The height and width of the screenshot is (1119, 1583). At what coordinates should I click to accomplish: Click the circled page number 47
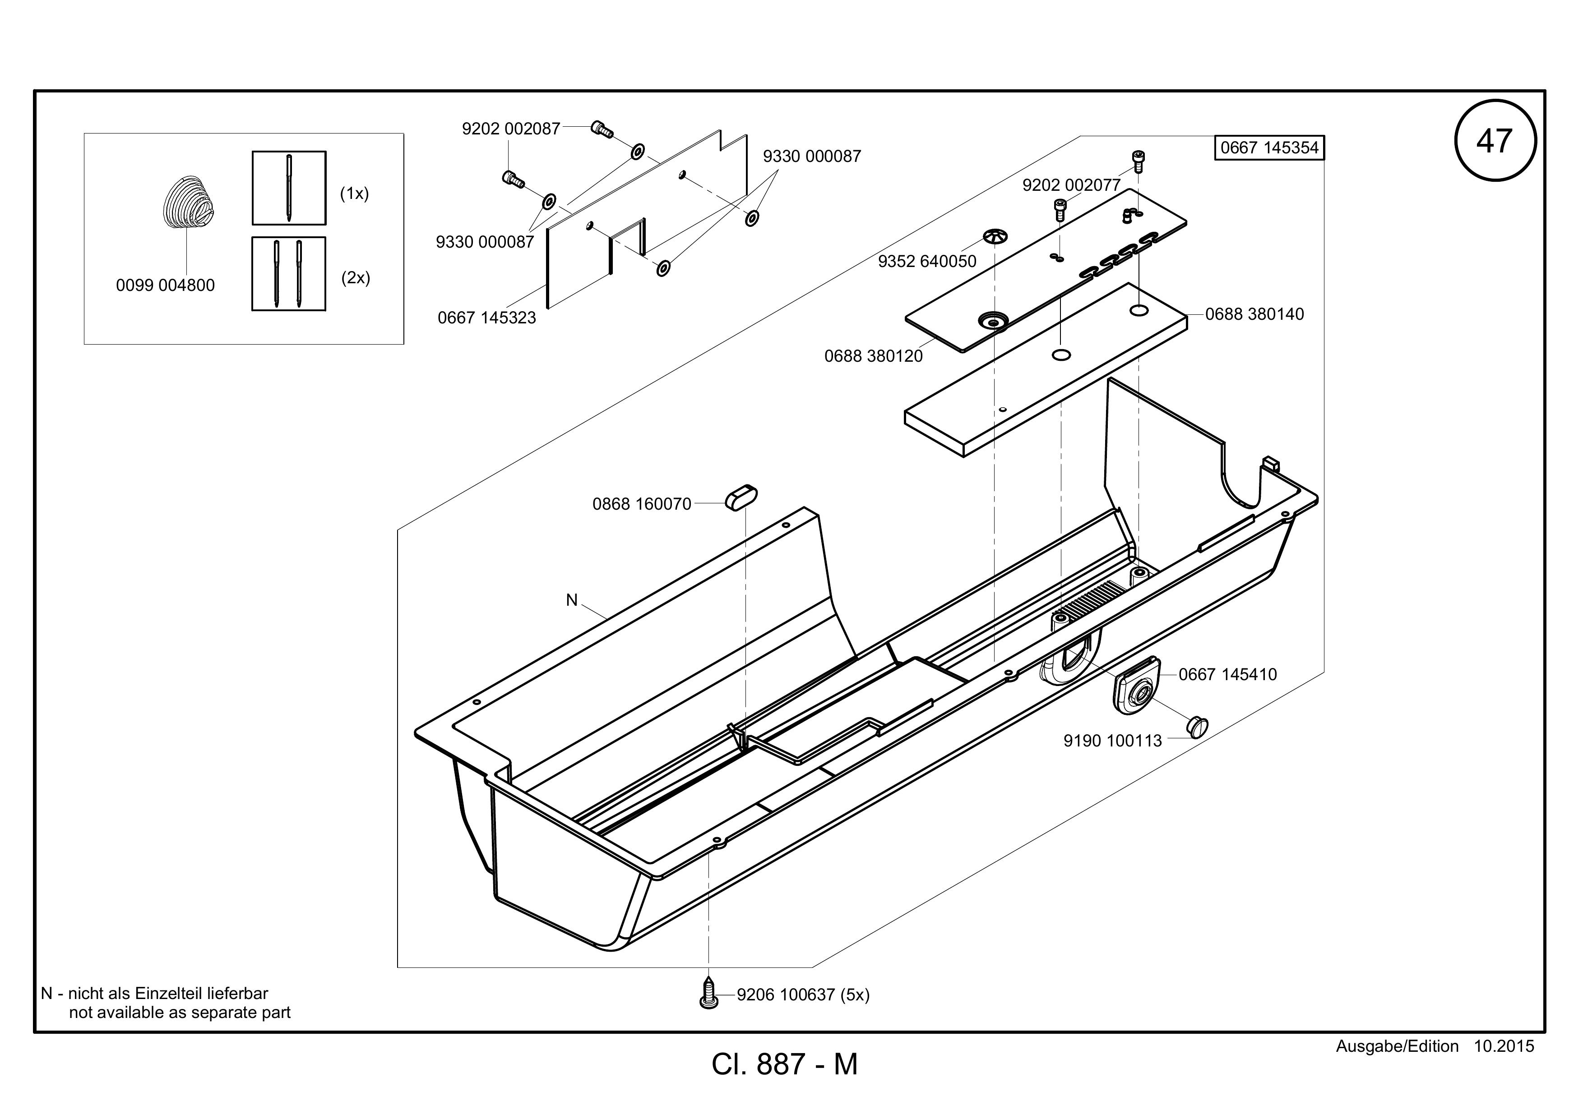click(x=1495, y=141)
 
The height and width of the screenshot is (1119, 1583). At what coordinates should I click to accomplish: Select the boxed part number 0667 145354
click(x=1269, y=147)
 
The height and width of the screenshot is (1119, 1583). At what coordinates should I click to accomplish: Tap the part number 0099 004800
click(x=166, y=285)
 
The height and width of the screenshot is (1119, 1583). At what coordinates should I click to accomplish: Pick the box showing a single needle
click(x=289, y=188)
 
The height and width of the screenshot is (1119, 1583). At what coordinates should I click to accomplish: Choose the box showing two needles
click(x=289, y=274)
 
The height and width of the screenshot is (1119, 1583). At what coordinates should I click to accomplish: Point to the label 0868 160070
click(x=642, y=504)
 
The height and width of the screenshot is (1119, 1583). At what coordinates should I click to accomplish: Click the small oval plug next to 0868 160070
click(x=741, y=497)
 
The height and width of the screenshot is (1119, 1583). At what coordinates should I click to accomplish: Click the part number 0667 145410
click(x=1228, y=675)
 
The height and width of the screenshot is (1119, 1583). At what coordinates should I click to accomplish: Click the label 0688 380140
click(x=1255, y=314)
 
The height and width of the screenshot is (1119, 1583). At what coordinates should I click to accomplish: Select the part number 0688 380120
click(x=874, y=356)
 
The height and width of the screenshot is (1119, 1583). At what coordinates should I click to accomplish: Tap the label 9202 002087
click(x=511, y=129)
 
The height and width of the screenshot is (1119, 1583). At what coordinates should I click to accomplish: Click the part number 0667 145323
click(x=487, y=318)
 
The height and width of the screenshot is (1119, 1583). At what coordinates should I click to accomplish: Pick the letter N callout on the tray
click(x=572, y=600)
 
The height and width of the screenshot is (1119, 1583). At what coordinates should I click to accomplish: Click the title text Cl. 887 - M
click(x=785, y=1064)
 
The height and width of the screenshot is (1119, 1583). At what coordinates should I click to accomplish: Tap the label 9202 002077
click(x=1071, y=185)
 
